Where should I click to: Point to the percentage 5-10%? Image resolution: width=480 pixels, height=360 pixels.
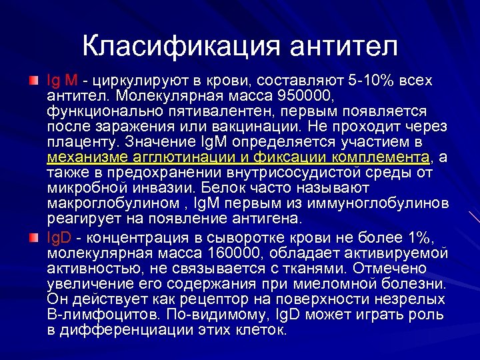[371, 81]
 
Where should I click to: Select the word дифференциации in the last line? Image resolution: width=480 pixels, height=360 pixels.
[120, 330]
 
